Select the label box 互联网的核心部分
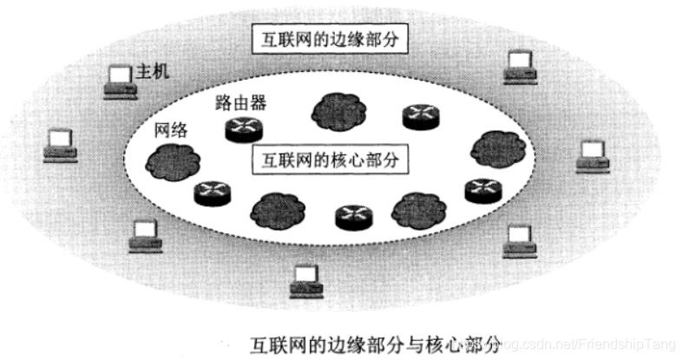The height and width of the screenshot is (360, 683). [x=330, y=160]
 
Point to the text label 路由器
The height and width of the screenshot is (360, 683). [x=240, y=103]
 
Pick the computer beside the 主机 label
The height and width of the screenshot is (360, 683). [x=117, y=80]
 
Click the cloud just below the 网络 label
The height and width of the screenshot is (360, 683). [x=171, y=160]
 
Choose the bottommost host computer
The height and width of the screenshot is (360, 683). [x=305, y=278]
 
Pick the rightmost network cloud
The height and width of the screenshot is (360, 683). [x=496, y=148]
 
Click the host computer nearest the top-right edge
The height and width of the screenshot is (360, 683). [x=520, y=66]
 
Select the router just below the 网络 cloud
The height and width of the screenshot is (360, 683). [x=211, y=192]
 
